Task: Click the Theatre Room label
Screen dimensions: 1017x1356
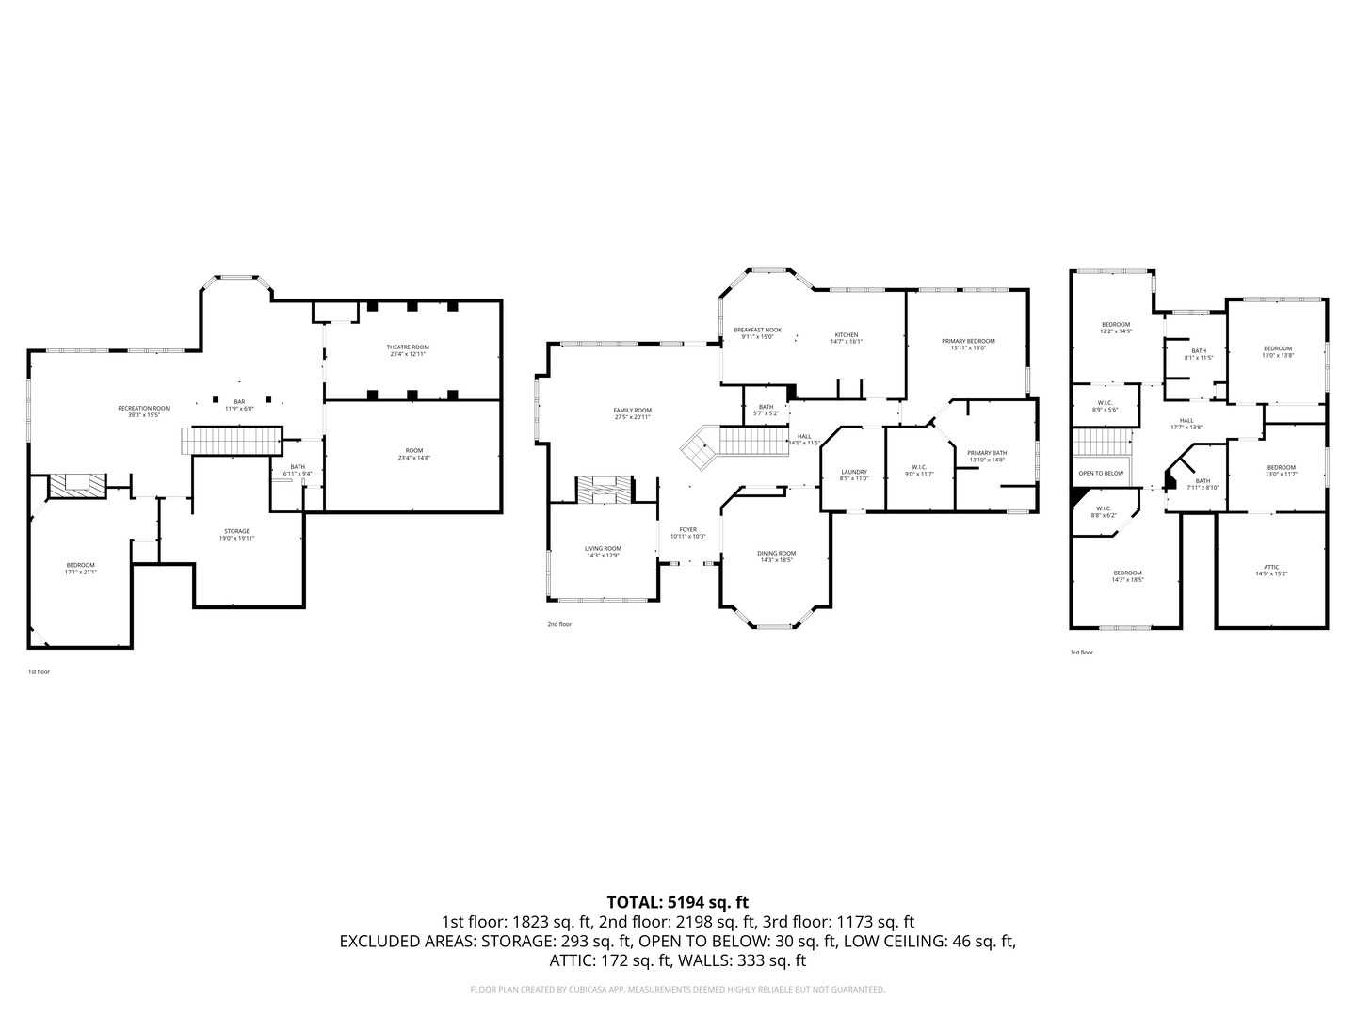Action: (x=408, y=347)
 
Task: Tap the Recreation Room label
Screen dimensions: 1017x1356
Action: (x=144, y=409)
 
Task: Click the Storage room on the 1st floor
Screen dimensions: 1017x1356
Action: (x=236, y=532)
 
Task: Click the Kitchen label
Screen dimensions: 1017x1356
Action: (x=846, y=335)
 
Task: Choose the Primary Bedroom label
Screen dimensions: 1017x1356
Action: (x=968, y=341)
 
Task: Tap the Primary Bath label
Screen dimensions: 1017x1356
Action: (x=987, y=453)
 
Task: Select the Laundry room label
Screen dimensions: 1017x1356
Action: (x=853, y=472)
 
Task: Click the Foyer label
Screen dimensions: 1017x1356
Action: (x=688, y=530)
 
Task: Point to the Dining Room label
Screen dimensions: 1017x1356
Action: (x=777, y=554)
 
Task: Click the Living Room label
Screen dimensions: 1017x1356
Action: (x=603, y=548)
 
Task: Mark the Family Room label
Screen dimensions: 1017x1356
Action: (x=632, y=411)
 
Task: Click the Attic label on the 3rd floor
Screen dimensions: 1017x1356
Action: (x=1272, y=567)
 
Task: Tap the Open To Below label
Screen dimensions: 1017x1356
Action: (x=1101, y=473)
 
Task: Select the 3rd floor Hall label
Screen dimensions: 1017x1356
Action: (x=1186, y=421)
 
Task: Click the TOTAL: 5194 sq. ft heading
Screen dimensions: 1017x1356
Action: (x=677, y=902)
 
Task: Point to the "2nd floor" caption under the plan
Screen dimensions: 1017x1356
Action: (x=559, y=624)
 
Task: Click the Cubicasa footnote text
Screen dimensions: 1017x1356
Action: (x=677, y=989)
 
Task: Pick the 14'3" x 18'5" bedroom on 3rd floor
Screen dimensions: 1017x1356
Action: (x=1127, y=573)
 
